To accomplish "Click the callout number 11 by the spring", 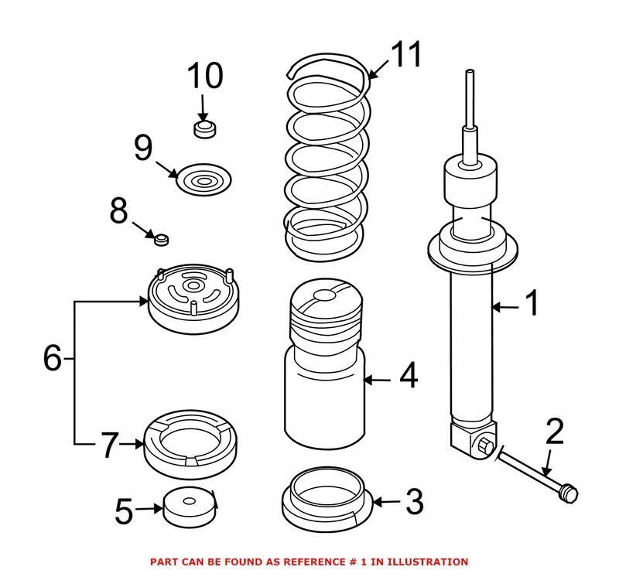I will [405, 56].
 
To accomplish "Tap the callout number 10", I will [204, 76].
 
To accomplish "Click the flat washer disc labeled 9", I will [204, 182].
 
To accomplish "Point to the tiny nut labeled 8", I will [162, 239].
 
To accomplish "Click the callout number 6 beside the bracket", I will [52, 358].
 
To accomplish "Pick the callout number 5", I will [125, 510].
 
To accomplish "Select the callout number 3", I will [414, 502].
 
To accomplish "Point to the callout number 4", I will [408, 377].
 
